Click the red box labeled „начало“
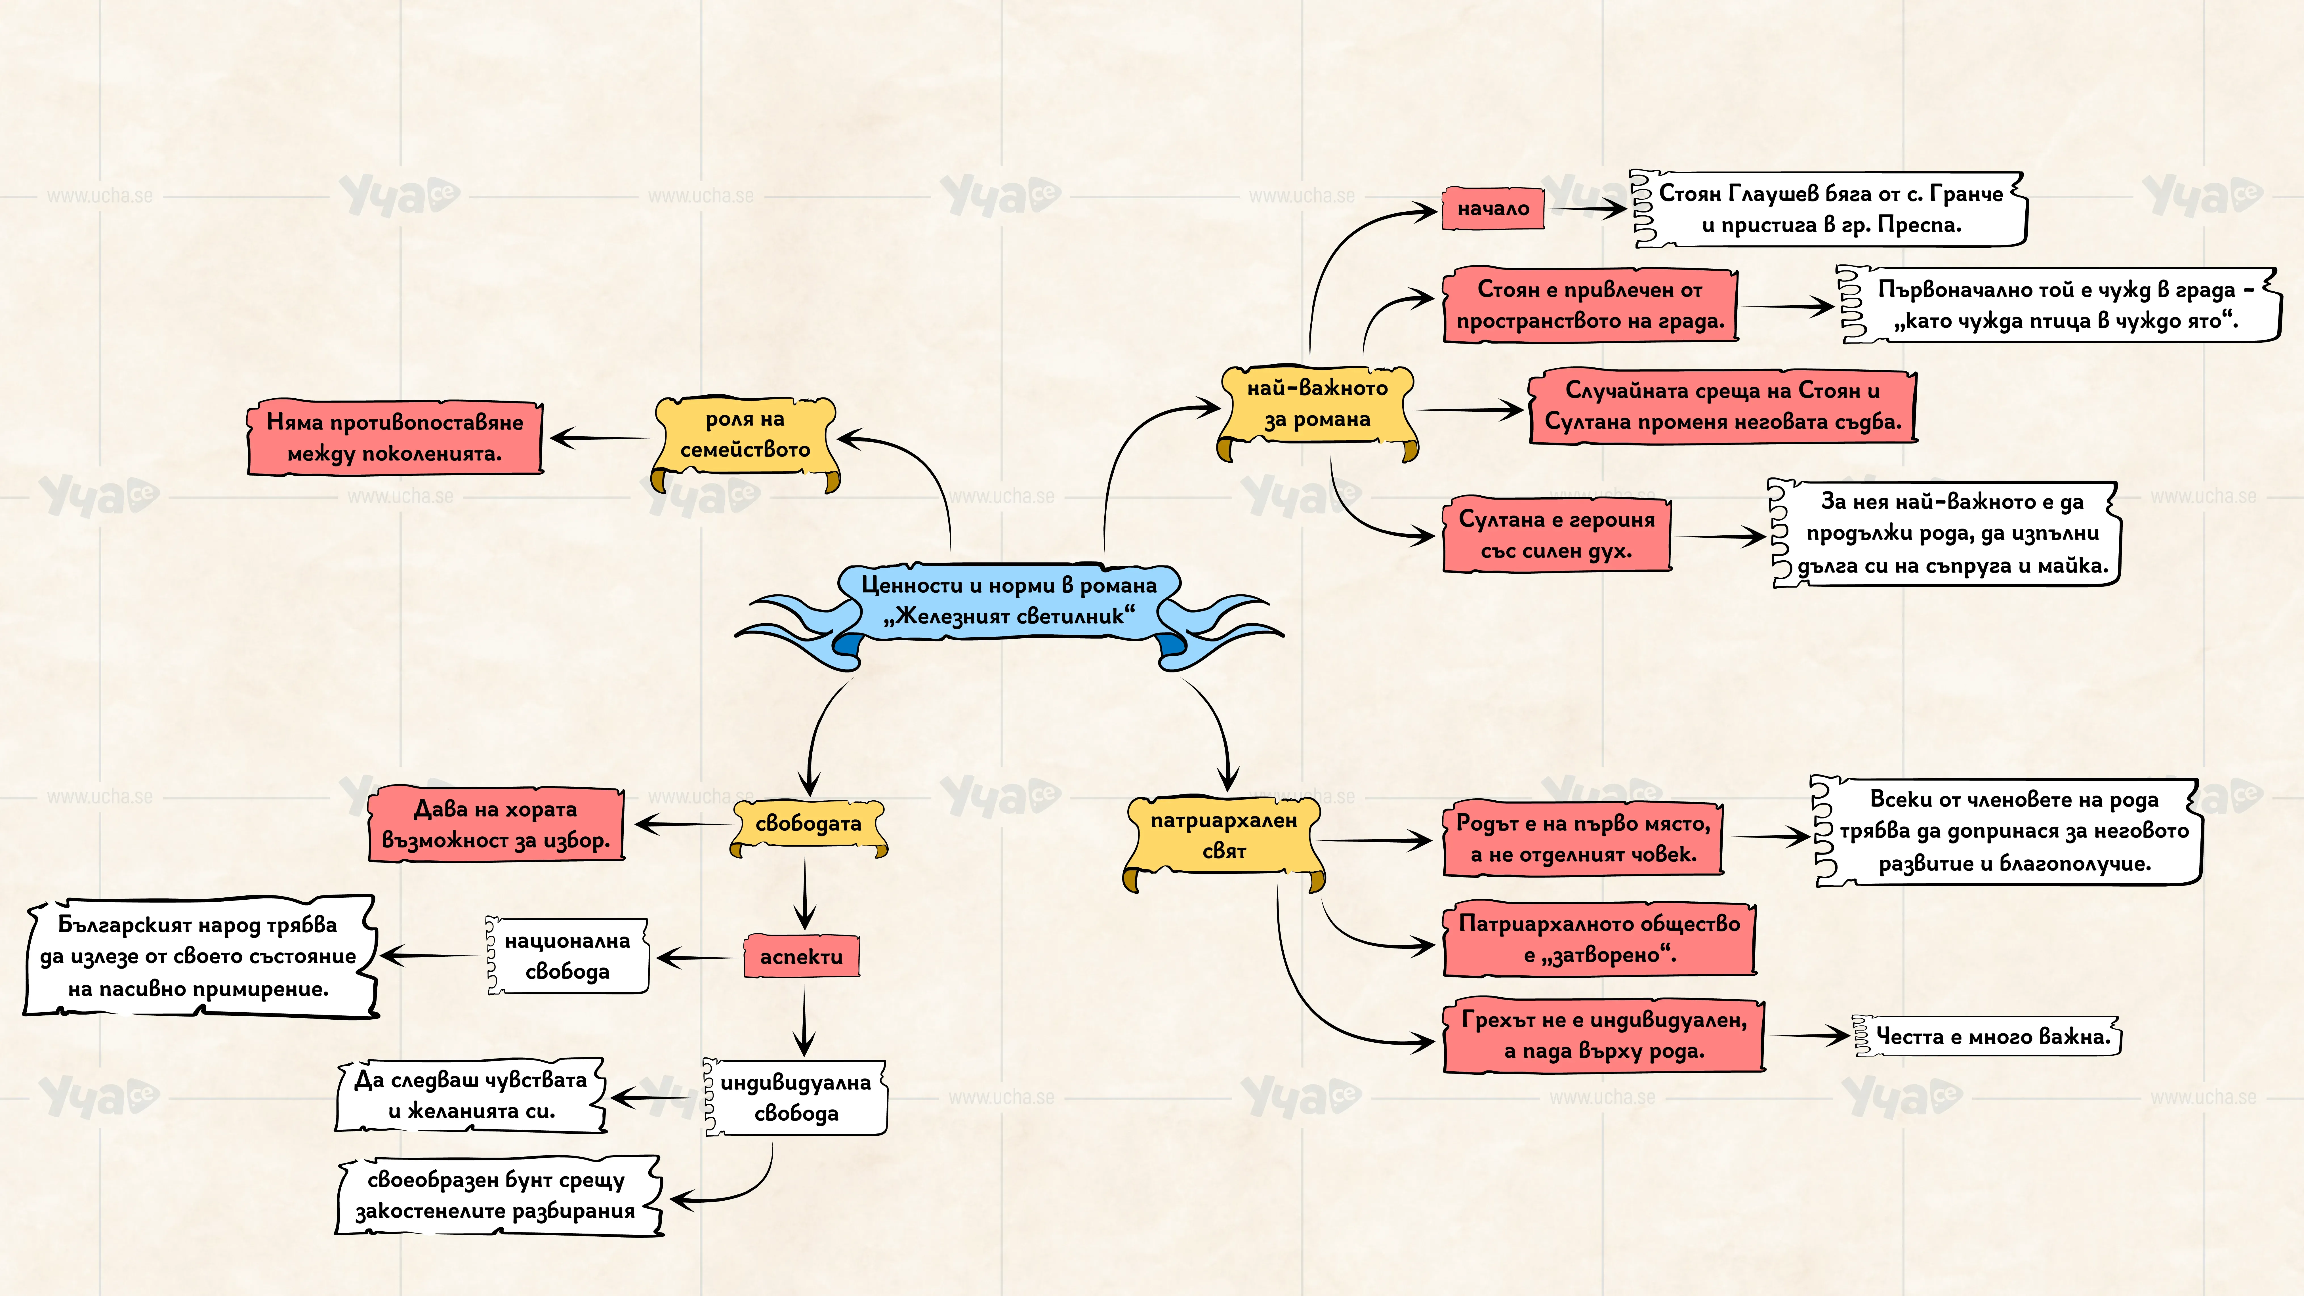pyautogui.click(x=1493, y=209)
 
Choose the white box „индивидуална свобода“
pyautogui.click(x=795, y=1097)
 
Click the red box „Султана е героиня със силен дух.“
pyautogui.click(x=1556, y=535)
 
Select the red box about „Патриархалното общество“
pyautogui.click(x=1599, y=939)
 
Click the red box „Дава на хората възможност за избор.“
pyautogui.click(x=496, y=824)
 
